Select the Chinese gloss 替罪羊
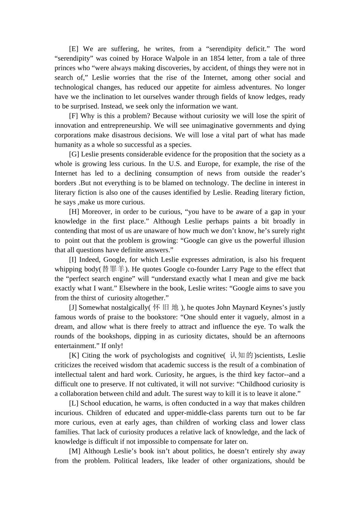pyautogui.click(x=113, y=269)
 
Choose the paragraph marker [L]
pyautogui.click(x=74, y=403)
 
